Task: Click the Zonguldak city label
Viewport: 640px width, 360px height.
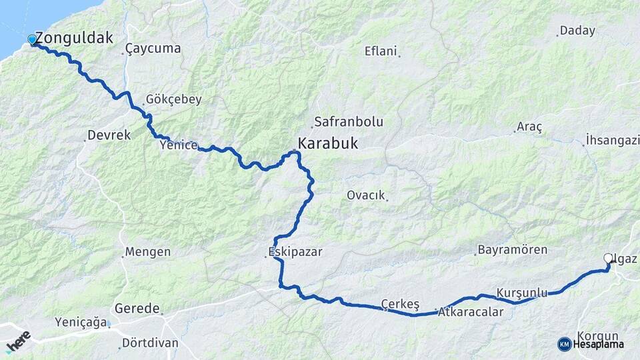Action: [x=73, y=37]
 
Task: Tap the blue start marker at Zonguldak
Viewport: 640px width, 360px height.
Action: [x=32, y=40]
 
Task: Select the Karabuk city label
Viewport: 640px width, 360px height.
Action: [x=327, y=143]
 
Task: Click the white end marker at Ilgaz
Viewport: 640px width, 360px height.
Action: [x=608, y=258]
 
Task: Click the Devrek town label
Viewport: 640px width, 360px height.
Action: [x=109, y=135]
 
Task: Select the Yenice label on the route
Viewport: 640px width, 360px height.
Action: [x=178, y=144]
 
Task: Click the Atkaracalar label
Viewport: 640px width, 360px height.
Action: [x=471, y=312]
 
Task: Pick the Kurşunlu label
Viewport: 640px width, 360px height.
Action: [x=522, y=293]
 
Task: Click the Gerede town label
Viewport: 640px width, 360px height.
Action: [x=137, y=309]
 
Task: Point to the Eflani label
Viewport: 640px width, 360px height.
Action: [x=381, y=51]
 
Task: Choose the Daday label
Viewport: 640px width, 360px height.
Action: [x=577, y=31]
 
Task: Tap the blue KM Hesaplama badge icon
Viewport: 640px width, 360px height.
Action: [x=565, y=344]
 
